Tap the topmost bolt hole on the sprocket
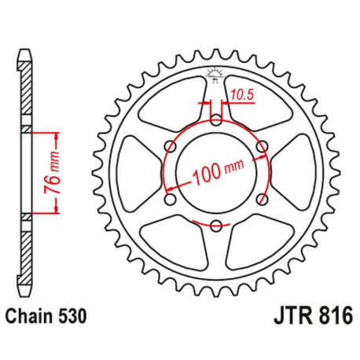click(216, 119)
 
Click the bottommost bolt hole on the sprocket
click(216, 226)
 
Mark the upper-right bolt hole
click(263, 146)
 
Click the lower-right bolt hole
click(263, 200)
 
